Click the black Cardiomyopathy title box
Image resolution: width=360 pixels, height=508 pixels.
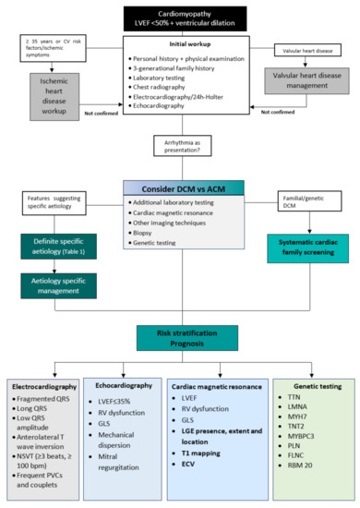click(x=182, y=16)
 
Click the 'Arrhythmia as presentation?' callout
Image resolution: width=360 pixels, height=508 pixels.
click(x=181, y=147)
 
